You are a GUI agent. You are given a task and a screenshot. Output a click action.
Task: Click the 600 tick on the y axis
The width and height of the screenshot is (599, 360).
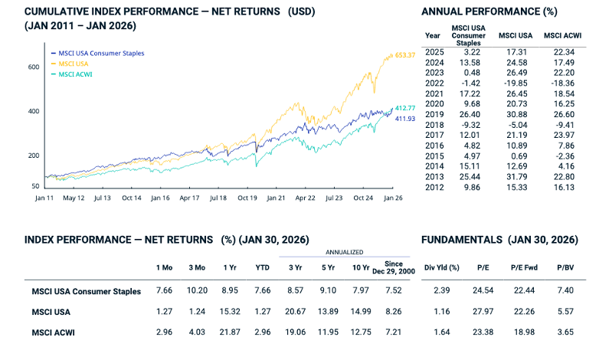pyautogui.click(x=33, y=67)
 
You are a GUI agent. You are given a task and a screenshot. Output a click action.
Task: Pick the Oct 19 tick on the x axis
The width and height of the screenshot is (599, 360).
pyautogui.click(x=247, y=198)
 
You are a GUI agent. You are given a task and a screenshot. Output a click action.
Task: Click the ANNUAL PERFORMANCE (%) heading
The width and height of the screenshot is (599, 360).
pyautogui.click(x=489, y=11)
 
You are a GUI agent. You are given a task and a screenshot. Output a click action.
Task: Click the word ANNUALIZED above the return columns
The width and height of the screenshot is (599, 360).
pyautogui.click(x=345, y=252)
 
